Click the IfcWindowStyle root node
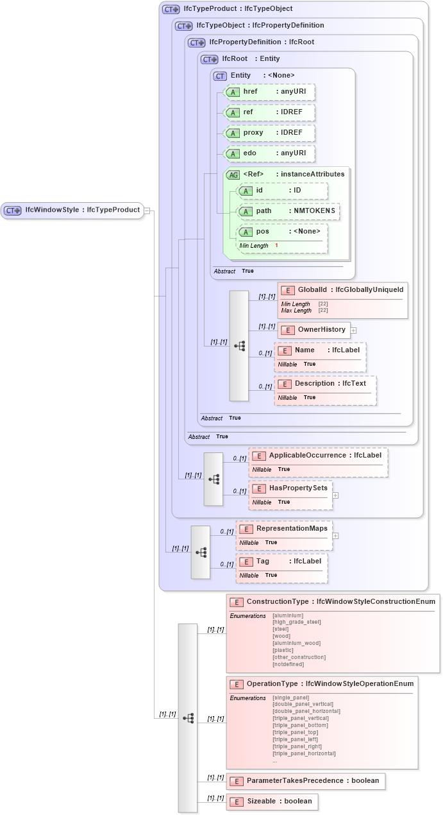[71, 210]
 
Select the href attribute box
[269, 92]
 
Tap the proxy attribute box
[269, 133]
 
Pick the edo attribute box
[269, 153]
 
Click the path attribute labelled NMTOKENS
[288, 211]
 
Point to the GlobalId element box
[343, 291]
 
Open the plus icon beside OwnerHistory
[353, 330]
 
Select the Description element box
[325, 384]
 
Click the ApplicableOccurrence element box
[318, 456]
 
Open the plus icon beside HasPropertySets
[335, 495]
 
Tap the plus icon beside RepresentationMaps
[335, 535]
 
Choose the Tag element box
[281, 561]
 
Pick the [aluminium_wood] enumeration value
[296, 643]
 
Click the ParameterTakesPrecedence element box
[306, 781]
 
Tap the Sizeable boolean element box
[272, 802]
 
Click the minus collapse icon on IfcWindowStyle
[147, 210]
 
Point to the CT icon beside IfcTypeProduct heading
[171, 9]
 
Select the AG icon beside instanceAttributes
[233, 175]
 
